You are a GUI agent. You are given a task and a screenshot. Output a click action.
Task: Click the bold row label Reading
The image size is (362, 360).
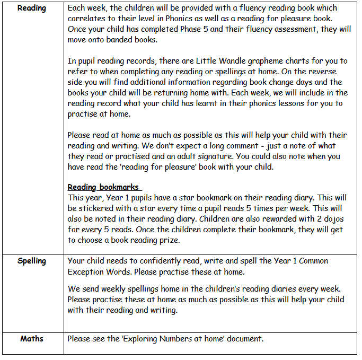32,8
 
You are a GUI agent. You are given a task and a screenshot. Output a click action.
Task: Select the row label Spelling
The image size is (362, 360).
32,261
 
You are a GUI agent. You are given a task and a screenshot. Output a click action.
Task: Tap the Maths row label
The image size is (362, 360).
32,338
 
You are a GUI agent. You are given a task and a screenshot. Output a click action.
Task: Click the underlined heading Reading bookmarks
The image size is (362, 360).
104,187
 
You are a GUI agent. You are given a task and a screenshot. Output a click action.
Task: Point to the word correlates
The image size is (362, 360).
86,19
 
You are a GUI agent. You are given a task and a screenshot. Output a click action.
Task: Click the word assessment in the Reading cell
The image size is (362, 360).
287,30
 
